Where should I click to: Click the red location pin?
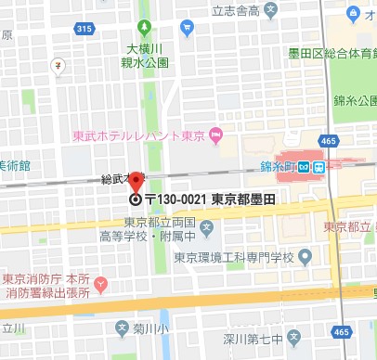pyautogui.click(x=136, y=182)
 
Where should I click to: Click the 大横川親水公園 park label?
pyautogui.click(x=148, y=57)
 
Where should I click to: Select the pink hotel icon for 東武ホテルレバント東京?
pyautogui.click(x=216, y=137)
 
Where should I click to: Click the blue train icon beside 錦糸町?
pyautogui.click(x=318, y=168)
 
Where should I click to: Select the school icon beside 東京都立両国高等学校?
pyautogui.click(x=206, y=227)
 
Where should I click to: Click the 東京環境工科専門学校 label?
pyautogui.click(x=239, y=257)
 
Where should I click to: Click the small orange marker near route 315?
pyautogui.click(x=58, y=66)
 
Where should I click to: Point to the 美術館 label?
pyautogui.click(x=14, y=165)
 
